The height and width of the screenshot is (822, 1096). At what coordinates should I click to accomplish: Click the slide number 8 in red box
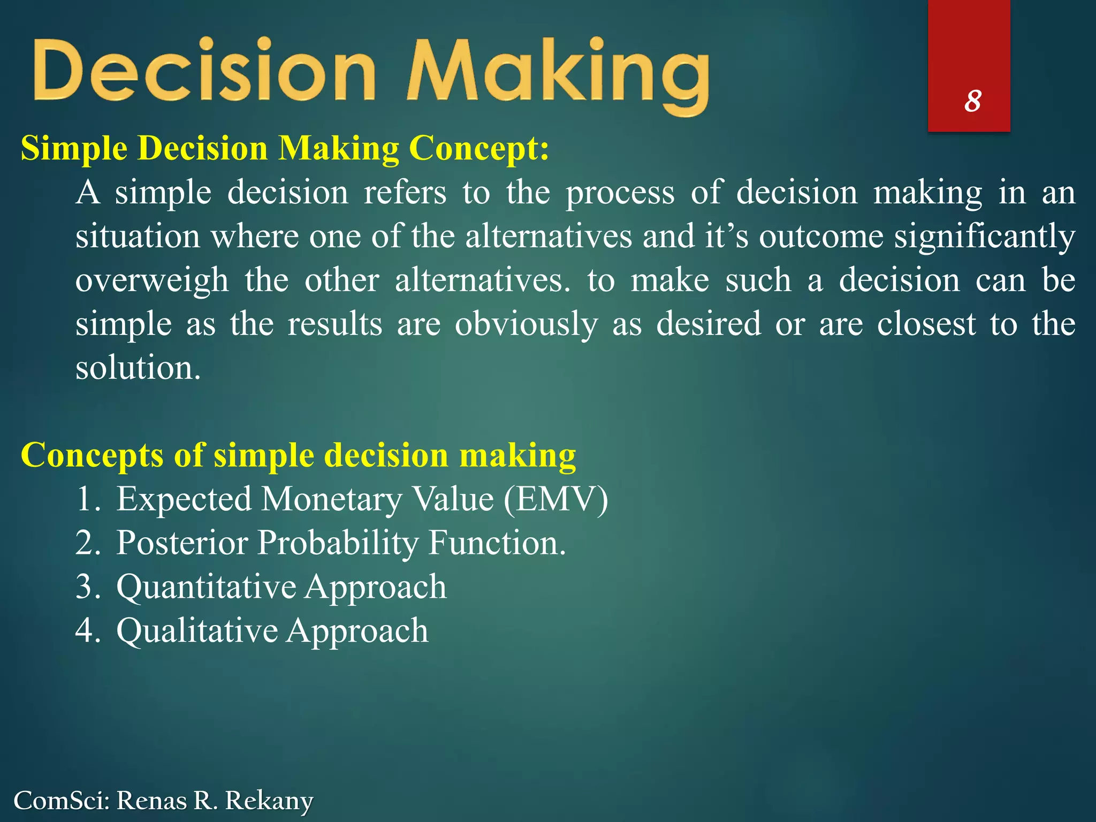[x=972, y=101]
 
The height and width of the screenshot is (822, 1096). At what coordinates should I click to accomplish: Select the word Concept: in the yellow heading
[x=479, y=148]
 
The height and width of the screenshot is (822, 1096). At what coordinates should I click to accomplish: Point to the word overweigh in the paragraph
[x=151, y=281]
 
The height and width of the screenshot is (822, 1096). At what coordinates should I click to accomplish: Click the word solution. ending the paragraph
[x=138, y=368]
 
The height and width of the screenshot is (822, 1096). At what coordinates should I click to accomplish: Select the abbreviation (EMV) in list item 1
[x=555, y=499]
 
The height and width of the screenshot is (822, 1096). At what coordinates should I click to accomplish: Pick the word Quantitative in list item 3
[x=206, y=587]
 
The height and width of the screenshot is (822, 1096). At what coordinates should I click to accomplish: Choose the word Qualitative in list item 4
[x=197, y=631]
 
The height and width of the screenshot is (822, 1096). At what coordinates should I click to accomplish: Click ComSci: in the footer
[x=61, y=801]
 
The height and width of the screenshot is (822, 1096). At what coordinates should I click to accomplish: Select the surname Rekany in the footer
[x=269, y=801]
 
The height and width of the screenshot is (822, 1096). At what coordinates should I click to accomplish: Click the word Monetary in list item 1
[x=332, y=499]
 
